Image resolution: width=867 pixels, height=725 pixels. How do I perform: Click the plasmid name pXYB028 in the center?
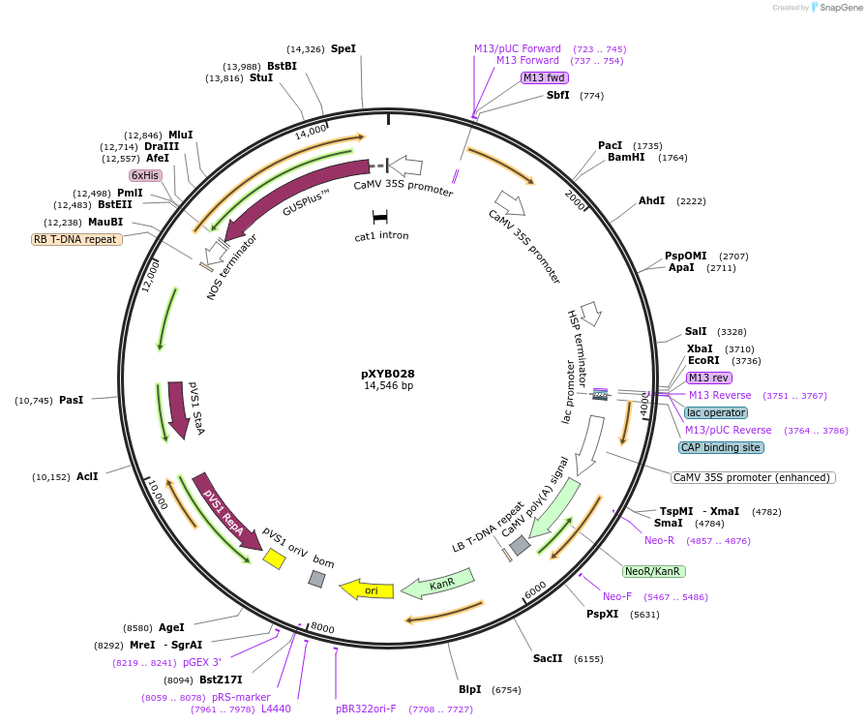[387, 374]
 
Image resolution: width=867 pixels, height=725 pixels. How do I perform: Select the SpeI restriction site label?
[344, 48]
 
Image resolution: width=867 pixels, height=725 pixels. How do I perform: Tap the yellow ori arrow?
[367, 589]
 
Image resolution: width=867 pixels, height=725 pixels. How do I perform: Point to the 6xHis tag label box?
[145, 175]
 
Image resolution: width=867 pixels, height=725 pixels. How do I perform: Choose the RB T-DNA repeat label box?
[77, 239]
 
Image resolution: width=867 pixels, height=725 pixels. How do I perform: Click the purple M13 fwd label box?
[544, 77]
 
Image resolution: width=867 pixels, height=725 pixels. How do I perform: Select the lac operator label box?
[715, 412]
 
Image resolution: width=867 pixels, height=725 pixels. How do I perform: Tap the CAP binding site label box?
[721, 447]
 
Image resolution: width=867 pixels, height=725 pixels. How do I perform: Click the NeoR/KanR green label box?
[653, 571]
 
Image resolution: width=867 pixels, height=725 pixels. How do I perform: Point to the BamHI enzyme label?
[627, 157]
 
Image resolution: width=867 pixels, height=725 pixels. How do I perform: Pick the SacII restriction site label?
[548, 658]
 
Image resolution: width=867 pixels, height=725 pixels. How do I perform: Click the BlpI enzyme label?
[470, 690]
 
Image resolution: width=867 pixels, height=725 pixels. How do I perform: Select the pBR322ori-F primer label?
[366, 709]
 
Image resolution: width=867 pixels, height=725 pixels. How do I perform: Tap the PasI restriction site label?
[72, 400]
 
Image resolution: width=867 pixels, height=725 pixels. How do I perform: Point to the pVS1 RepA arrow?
[225, 509]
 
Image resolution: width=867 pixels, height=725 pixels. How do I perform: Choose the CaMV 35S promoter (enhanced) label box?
[753, 477]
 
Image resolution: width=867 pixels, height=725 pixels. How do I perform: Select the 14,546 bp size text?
[387, 386]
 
